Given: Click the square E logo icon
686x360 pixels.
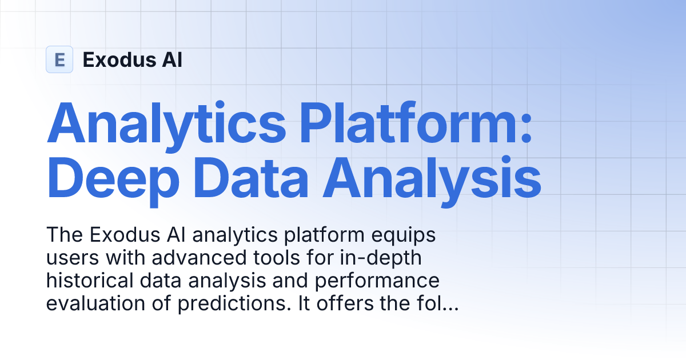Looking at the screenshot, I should [59, 59].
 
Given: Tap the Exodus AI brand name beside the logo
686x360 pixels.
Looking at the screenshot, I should [133, 59].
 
